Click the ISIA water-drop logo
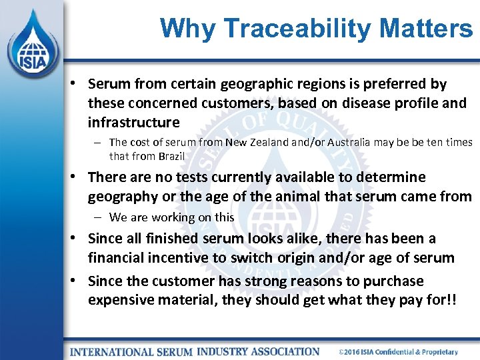click(x=31, y=42)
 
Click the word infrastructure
click(x=133, y=123)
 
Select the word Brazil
click(x=170, y=156)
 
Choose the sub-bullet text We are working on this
click(x=171, y=217)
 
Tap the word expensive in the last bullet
click(x=120, y=300)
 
